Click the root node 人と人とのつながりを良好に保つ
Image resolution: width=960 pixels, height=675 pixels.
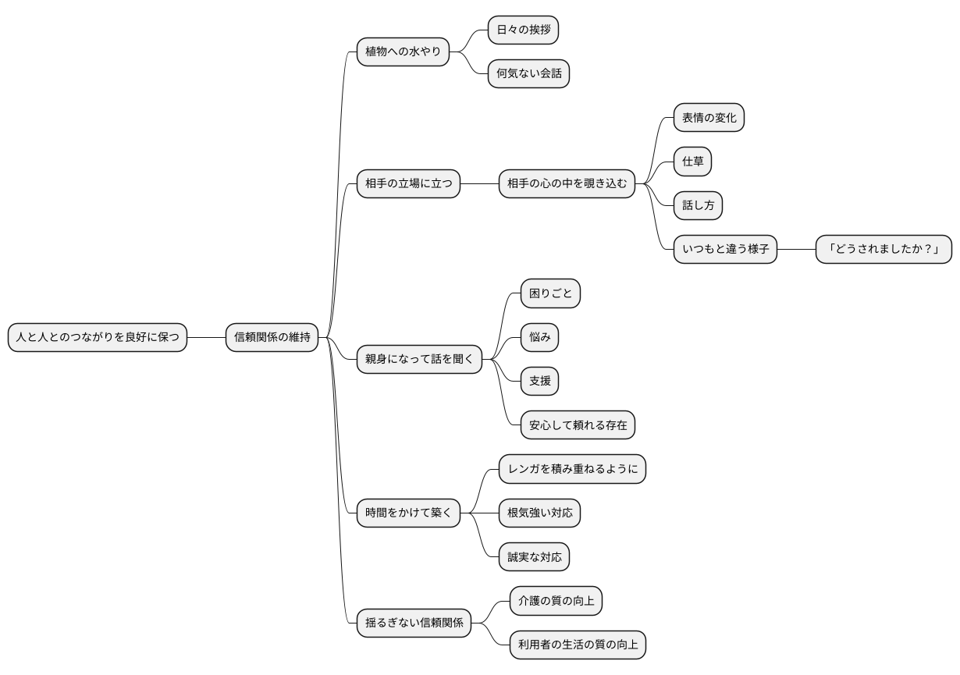pyautogui.click(x=98, y=337)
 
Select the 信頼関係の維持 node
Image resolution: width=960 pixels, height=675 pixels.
pyautogui.click(x=272, y=337)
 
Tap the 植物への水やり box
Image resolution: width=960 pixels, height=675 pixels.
pyautogui.click(x=403, y=52)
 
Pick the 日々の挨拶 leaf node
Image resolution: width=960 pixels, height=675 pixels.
pyautogui.click(x=523, y=30)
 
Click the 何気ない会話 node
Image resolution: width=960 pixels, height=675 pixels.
pyautogui.click(x=528, y=73)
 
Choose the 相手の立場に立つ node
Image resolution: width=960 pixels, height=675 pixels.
pyautogui.click(x=408, y=184)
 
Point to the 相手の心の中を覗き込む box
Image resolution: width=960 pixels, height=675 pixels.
pyautogui.click(x=567, y=184)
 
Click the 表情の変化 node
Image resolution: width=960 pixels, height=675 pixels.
pyautogui.click(x=709, y=117)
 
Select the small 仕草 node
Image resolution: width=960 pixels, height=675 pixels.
pyautogui.click(x=692, y=162)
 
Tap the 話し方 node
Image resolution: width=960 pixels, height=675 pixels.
pyautogui.click(x=698, y=206)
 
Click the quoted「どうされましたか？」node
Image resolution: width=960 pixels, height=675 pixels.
pyautogui.click(x=884, y=250)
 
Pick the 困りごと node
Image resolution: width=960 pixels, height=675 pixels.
pyautogui.click(x=550, y=293)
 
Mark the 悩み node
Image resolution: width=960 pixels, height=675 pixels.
pyautogui.click(x=539, y=337)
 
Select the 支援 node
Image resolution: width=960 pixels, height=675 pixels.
pyautogui.click(x=539, y=381)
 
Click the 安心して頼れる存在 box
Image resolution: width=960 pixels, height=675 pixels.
pyautogui.click(x=578, y=425)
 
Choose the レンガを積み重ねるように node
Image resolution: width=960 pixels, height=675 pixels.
pyautogui.click(x=572, y=469)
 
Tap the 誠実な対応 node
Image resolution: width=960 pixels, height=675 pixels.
pyautogui.click(x=534, y=557)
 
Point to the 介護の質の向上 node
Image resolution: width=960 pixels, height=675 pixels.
pyautogui.click(x=556, y=601)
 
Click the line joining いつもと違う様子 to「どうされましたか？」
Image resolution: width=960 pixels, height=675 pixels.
pyautogui.click(x=796, y=250)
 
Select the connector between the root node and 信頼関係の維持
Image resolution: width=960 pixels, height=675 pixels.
pyautogui.click(x=207, y=337)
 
